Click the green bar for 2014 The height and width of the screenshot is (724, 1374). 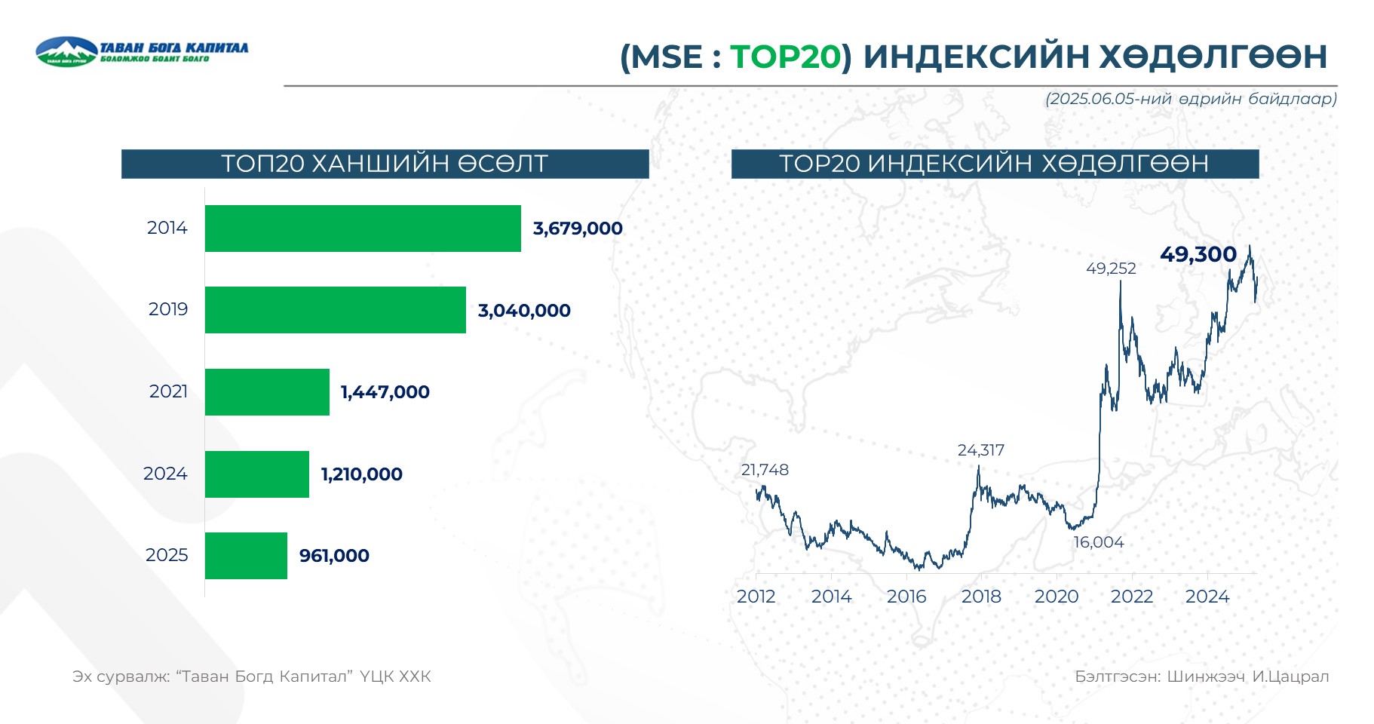tap(363, 229)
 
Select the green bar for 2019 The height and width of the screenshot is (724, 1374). tap(335, 310)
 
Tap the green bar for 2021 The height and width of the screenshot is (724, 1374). tap(267, 392)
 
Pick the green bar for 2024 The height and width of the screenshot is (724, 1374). tap(256, 474)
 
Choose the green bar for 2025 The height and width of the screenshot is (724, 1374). tap(246, 556)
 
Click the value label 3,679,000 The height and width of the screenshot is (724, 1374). tap(578, 229)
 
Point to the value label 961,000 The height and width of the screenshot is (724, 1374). tap(334, 556)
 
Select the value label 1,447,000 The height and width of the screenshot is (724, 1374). tap(385, 392)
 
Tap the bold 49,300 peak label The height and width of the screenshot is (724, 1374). tap(1198, 254)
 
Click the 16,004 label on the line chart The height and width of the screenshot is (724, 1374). tap(1098, 542)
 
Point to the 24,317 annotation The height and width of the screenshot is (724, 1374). tap(980, 450)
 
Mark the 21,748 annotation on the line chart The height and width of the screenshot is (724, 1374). tap(764, 470)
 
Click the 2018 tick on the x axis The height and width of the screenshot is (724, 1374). tap(980, 597)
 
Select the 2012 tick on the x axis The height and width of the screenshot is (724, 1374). tap(756, 597)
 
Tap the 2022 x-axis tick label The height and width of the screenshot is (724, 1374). tap(1131, 597)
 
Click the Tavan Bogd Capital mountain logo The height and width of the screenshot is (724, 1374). tap(66, 51)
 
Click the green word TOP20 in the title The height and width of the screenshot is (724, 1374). tap(785, 57)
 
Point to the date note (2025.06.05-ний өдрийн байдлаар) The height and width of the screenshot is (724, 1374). tap(1190, 99)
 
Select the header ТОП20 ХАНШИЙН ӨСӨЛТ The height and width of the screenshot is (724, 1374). tap(385, 164)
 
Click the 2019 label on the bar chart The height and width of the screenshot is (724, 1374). tap(167, 309)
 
